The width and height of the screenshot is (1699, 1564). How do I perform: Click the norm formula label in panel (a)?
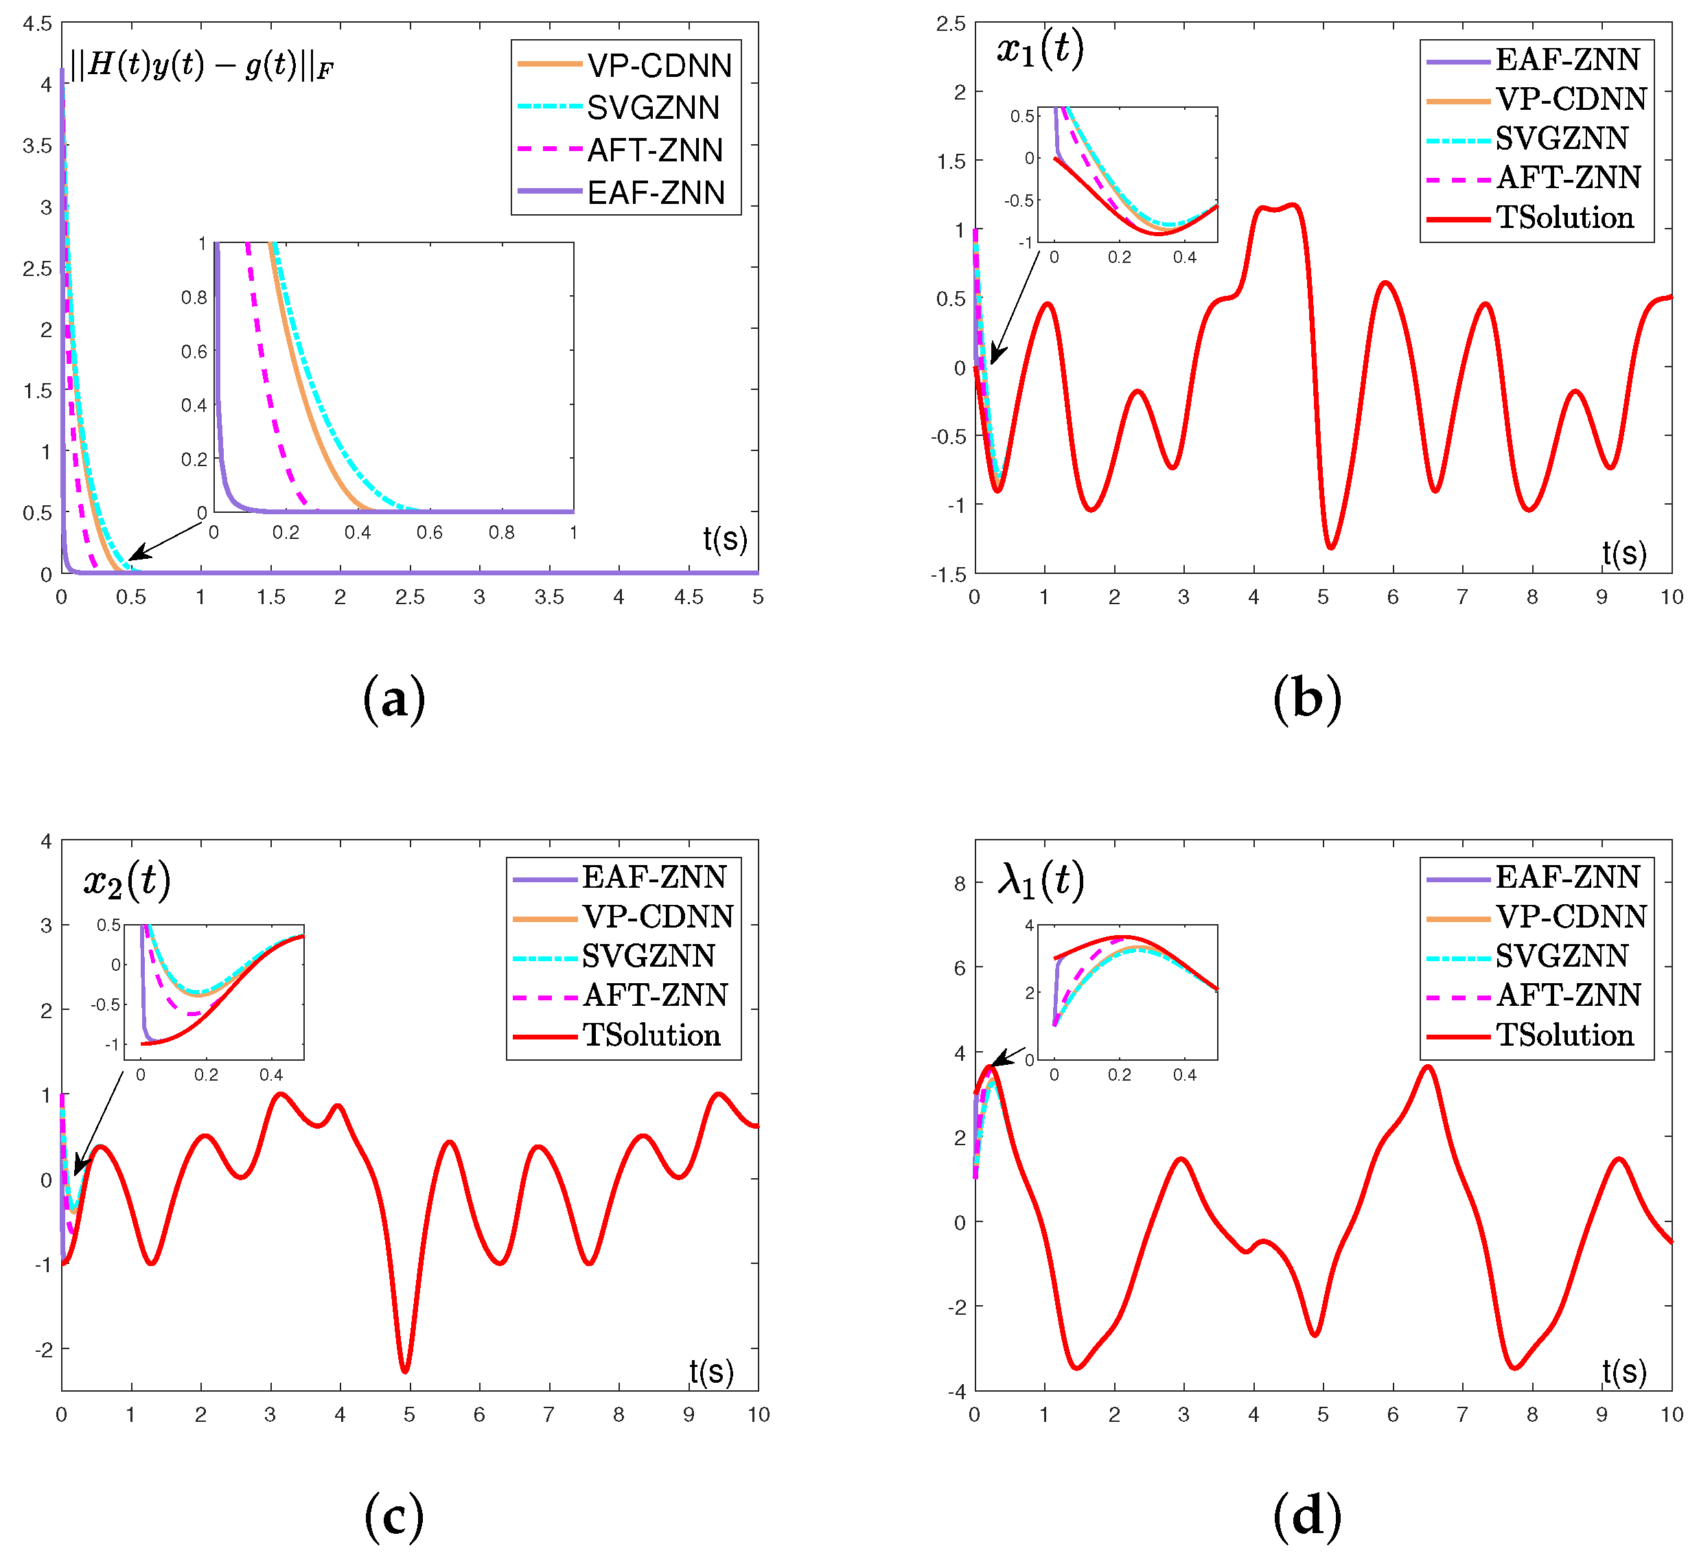click(x=201, y=66)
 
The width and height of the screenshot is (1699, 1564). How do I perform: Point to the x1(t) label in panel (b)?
click(x=1040, y=49)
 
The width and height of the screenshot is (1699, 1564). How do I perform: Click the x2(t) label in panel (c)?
click(x=127, y=881)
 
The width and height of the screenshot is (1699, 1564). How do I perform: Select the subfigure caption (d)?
click(x=1306, y=1515)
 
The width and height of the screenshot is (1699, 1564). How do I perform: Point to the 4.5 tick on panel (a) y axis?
click(x=37, y=24)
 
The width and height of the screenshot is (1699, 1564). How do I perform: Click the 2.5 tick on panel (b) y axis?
click(x=951, y=24)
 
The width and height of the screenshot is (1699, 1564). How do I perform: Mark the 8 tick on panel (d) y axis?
click(x=959, y=884)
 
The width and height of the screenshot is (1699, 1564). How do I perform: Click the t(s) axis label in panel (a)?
click(x=725, y=539)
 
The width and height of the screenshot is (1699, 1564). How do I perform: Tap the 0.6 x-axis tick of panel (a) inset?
click(x=429, y=532)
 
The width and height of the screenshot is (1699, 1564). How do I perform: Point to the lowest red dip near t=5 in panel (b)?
click(x=1330, y=548)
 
